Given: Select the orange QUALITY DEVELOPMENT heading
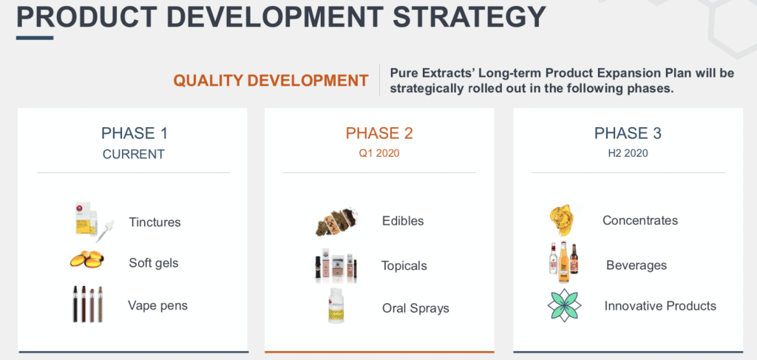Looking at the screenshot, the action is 271,81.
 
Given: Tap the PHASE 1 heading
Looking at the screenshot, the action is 135,133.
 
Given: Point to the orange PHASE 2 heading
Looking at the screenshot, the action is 379,133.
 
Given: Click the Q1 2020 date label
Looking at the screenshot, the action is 379,154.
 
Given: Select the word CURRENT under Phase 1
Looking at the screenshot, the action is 134,154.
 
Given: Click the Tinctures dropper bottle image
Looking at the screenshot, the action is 95,222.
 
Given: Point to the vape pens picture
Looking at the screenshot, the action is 87,304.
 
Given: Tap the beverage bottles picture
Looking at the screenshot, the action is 563,262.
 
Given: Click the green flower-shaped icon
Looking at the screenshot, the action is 564,305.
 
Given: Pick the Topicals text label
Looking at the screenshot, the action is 404,266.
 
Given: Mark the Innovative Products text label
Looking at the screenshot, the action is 660,306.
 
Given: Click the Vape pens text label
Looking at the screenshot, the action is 157,305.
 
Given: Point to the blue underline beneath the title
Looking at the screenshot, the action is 35,38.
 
